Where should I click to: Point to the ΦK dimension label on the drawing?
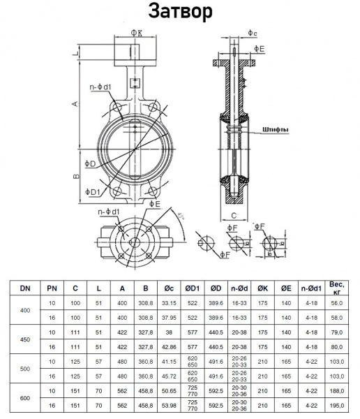coord(137,32)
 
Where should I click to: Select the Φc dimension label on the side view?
coord(253,33)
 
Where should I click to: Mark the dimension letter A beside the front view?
coord(75,103)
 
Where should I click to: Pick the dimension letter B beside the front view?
coord(75,176)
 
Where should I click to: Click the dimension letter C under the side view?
coord(234,215)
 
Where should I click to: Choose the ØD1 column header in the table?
coord(192,288)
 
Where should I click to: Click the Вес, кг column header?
coord(336,288)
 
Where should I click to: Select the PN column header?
coord(52,288)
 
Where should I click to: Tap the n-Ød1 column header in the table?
coord(310,288)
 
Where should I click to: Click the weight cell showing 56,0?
coord(336,304)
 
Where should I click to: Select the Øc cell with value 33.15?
coord(168,304)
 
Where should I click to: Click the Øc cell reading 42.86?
coord(168,346)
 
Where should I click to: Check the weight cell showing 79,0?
coord(336,333)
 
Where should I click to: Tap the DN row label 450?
coord(25,339)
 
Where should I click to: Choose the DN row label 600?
coord(25,398)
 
